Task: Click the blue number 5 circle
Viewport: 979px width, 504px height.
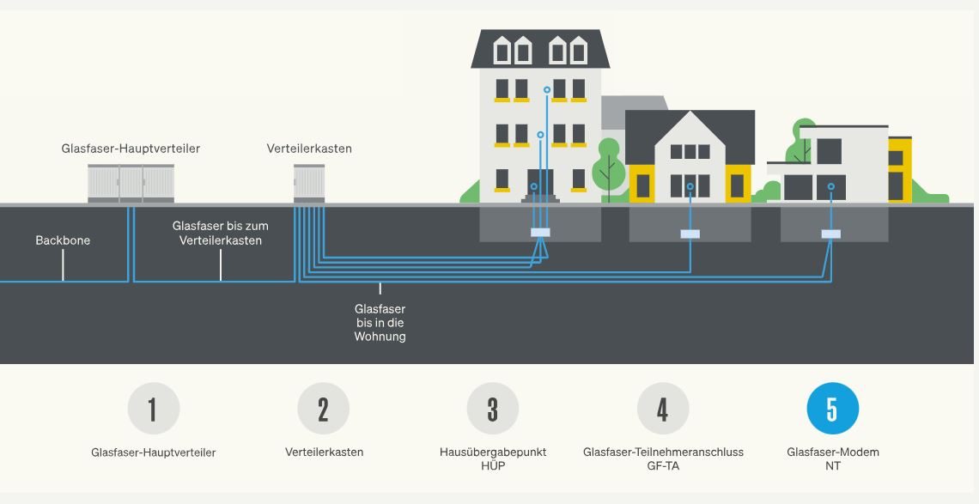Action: click(832, 409)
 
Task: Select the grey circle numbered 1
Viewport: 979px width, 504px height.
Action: click(153, 409)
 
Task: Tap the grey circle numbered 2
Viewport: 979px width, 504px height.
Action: click(323, 409)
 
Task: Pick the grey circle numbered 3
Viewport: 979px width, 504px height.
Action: click(492, 409)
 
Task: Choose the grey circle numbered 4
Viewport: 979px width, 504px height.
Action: click(662, 409)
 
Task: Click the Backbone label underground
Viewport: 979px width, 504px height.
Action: click(63, 240)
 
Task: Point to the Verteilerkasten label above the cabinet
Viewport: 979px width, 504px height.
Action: click(309, 149)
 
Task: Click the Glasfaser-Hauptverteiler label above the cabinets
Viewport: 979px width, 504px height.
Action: click(131, 149)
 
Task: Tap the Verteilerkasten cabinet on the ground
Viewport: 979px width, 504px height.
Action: click(309, 183)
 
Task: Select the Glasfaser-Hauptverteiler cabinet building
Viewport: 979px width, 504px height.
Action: click(131, 183)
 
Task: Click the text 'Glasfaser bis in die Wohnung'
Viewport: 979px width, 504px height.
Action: click(380, 323)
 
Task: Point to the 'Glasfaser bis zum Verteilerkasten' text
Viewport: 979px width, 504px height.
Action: click(221, 233)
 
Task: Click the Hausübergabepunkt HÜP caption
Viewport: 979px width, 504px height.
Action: click(492, 458)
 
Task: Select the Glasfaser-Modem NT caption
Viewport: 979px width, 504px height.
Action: click(832, 458)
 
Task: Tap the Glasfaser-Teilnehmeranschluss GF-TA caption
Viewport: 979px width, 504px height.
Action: click(663, 458)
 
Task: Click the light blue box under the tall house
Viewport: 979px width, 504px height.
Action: click(540, 232)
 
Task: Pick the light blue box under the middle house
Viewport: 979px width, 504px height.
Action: click(690, 233)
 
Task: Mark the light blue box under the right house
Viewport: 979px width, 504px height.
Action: click(830, 233)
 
